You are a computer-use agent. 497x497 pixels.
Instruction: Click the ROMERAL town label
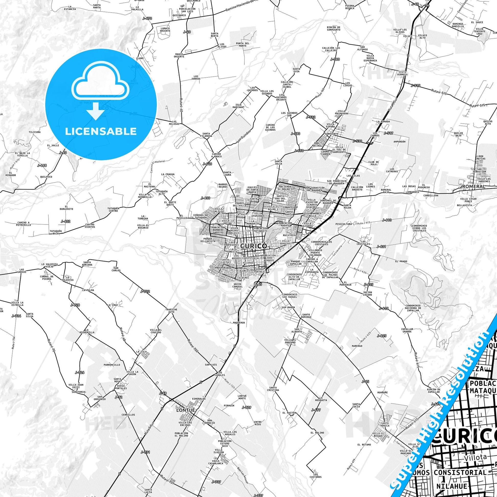pyautogui.click(x=473, y=186)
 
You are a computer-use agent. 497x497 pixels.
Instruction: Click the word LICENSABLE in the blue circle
pyautogui.click(x=101, y=132)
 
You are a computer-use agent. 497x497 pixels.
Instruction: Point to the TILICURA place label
pyautogui.click(x=35, y=132)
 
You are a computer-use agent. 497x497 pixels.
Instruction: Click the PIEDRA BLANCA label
pyautogui.click(x=350, y=7)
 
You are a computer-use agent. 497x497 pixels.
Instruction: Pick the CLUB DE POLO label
pyautogui.click(x=374, y=163)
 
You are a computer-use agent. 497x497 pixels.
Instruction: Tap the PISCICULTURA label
pyautogui.click(x=344, y=224)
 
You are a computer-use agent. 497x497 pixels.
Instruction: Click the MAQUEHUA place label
pyautogui.click(x=239, y=322)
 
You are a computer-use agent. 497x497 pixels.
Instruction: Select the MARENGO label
pyautogui.click(x=357, y=346)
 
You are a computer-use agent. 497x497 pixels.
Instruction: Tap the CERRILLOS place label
pyautogui.click(x=128, y=415)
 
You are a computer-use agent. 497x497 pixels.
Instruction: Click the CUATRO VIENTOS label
pyautogui.click(x=90, y=226)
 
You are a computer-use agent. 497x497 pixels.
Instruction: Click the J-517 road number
pyautogui.click(x=388, y=133)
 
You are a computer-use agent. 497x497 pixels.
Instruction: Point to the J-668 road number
pyautogui.click(x=42, y=165)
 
